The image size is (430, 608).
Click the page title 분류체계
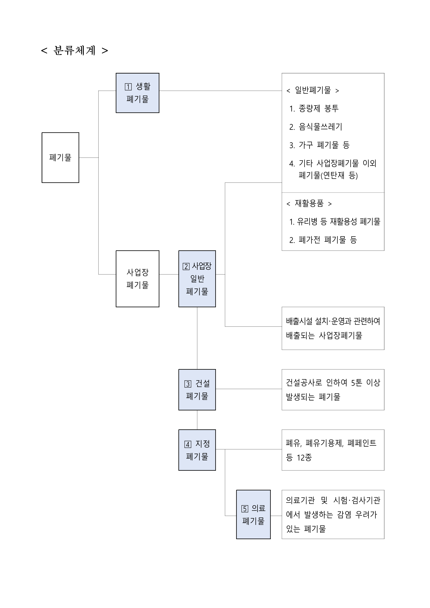tap(74, 50)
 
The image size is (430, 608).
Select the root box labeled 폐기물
tap(60, 158)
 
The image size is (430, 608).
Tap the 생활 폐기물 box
tap(137, 93)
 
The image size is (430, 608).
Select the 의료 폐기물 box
tap(253, 514)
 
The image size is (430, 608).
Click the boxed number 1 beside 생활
tap(128, 87)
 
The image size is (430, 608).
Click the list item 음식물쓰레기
tap(320, 127)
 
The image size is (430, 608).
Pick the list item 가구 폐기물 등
tap(324, 145)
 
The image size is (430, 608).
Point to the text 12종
tap(304, 458)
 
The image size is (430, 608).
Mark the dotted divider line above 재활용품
tap(333, 192)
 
